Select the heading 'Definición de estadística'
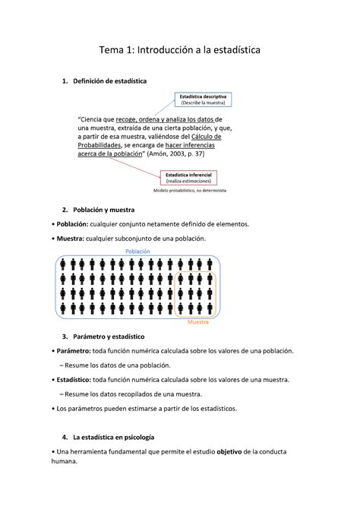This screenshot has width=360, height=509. pos(110,80)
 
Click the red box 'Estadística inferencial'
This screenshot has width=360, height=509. pos(190,179)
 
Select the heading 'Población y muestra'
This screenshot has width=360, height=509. pos(104,209)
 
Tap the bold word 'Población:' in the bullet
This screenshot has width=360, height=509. pos(72,224)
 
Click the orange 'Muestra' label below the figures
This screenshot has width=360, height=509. pos(199,322)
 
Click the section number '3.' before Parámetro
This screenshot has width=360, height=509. pos(67,336)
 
